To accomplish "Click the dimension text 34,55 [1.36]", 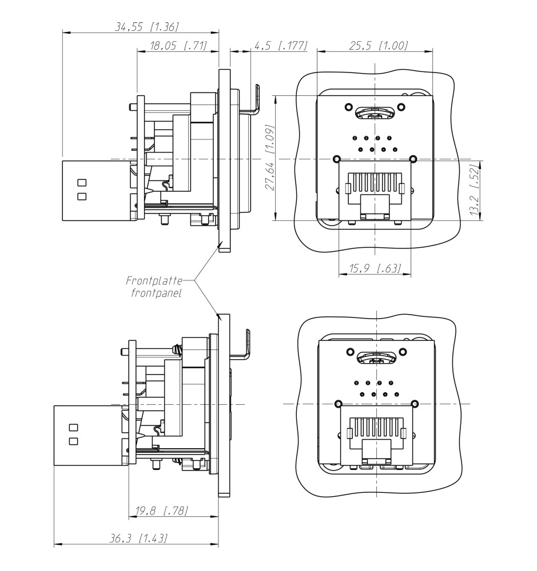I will click(x=148, y=26).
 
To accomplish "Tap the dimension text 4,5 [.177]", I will click(x=280, y=46).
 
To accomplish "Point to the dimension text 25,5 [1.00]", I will click(x=378, y=46).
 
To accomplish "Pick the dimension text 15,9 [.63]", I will click(x=375, y=268).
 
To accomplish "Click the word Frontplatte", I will click(x=154, y=281).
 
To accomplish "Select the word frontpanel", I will click(x=156, y=294).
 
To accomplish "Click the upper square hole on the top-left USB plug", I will click(x=81, y=183).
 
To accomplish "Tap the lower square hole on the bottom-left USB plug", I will click(x=73, y=441).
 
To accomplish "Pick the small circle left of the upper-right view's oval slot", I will click(x=347, y=107).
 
